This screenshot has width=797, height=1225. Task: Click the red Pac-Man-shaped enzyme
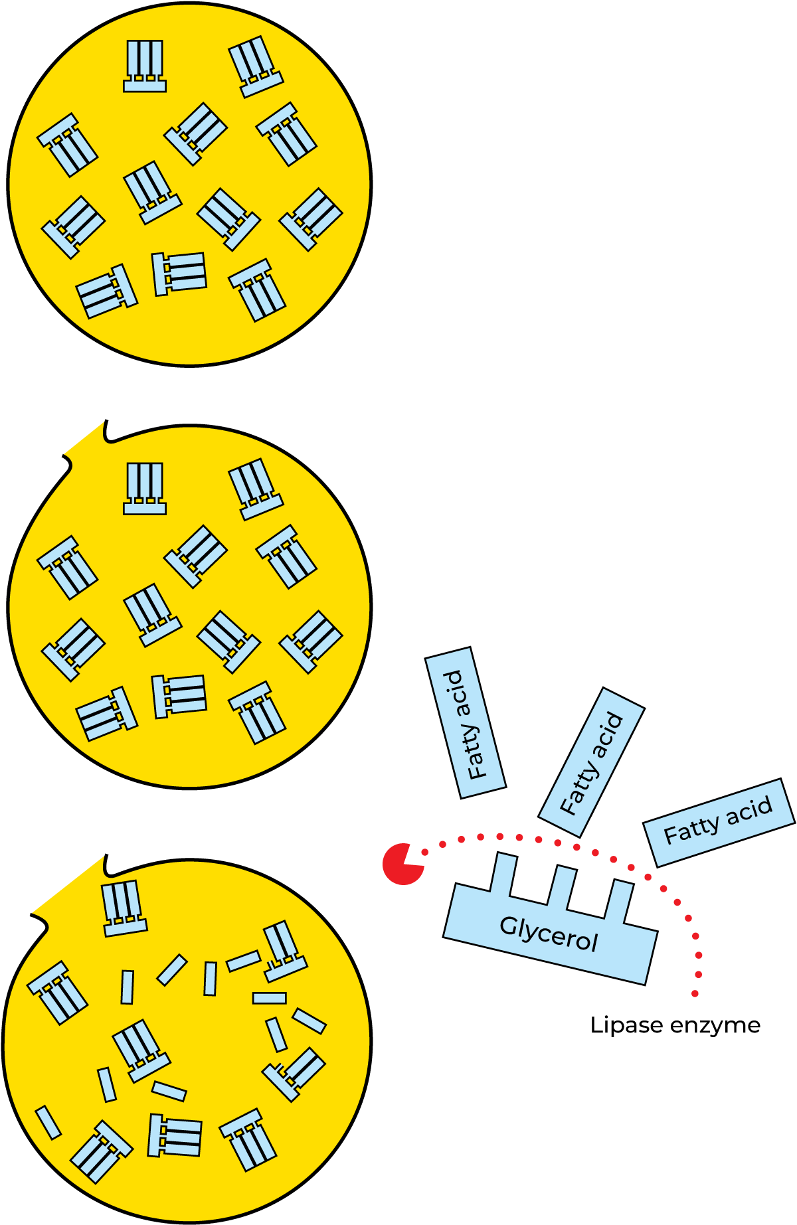point(400,864)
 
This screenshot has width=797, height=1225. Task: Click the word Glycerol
point(549,934)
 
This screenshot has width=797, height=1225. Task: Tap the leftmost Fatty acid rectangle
point(465,723)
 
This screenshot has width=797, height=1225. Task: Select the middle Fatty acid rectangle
point(591,762)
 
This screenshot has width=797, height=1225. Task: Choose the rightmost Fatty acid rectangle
point(719,823)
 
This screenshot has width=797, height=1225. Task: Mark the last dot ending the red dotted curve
point(695,994)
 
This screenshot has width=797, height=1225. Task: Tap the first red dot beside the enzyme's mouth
point(426,852)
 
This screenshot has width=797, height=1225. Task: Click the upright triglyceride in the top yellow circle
point(144,66)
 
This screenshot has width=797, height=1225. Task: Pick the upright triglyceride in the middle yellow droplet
point(144,489)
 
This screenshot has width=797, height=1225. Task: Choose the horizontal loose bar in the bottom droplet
point(269,998)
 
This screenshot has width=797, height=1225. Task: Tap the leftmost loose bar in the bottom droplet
point(48,1122)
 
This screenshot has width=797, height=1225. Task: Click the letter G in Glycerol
point(507,925)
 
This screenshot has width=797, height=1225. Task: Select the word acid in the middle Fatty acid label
point(608,732)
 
